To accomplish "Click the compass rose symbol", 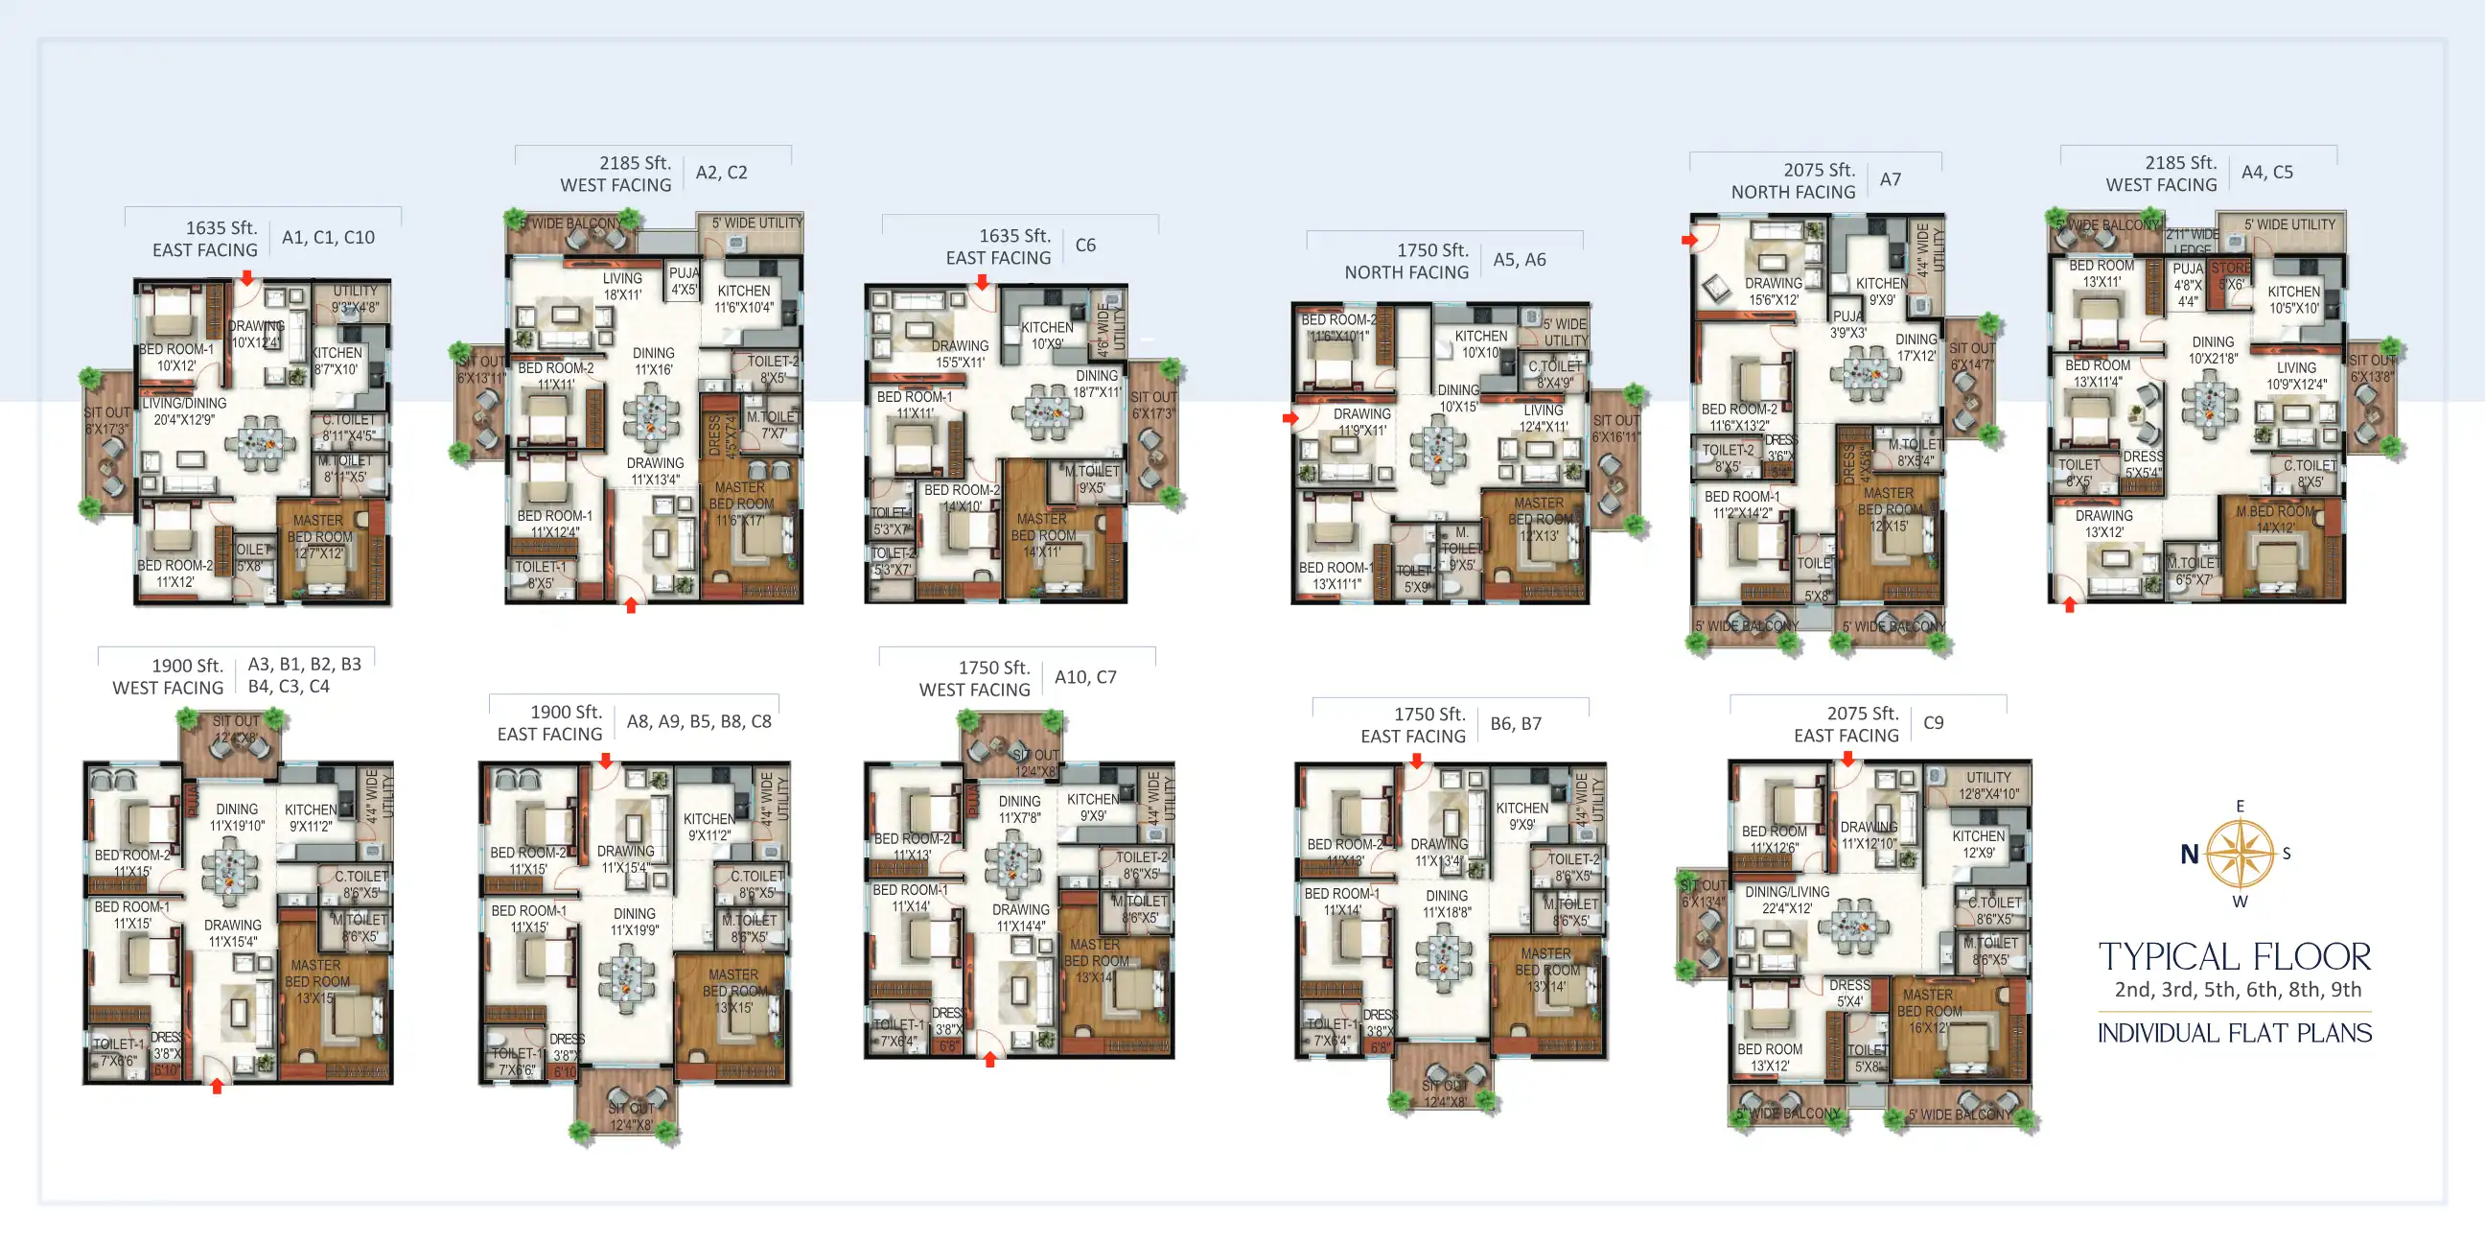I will (2239, 853).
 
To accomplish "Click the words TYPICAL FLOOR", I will (2234, 956).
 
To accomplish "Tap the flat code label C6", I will (1085, 246).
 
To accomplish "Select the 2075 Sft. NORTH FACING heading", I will (1793, 180).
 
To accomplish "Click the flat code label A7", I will (1890, 179).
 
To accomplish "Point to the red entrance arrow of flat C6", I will (981, 283).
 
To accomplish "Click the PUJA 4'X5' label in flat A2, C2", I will (684, 281).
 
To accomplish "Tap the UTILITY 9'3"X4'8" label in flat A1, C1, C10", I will (355, 299).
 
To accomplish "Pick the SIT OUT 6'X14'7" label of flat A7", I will (1971, 356).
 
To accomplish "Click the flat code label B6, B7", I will (1516, 724).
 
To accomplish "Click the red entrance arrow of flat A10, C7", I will (989, 1060).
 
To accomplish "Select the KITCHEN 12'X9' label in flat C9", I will (1978, 844).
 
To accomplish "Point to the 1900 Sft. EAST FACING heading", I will (550, 723).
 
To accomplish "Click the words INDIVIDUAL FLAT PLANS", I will (2234, 1033).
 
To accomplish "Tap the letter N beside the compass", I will (2189, 854).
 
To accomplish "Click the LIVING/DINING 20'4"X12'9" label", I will (184, 411).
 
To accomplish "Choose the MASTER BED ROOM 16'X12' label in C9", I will (1928, 1011).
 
